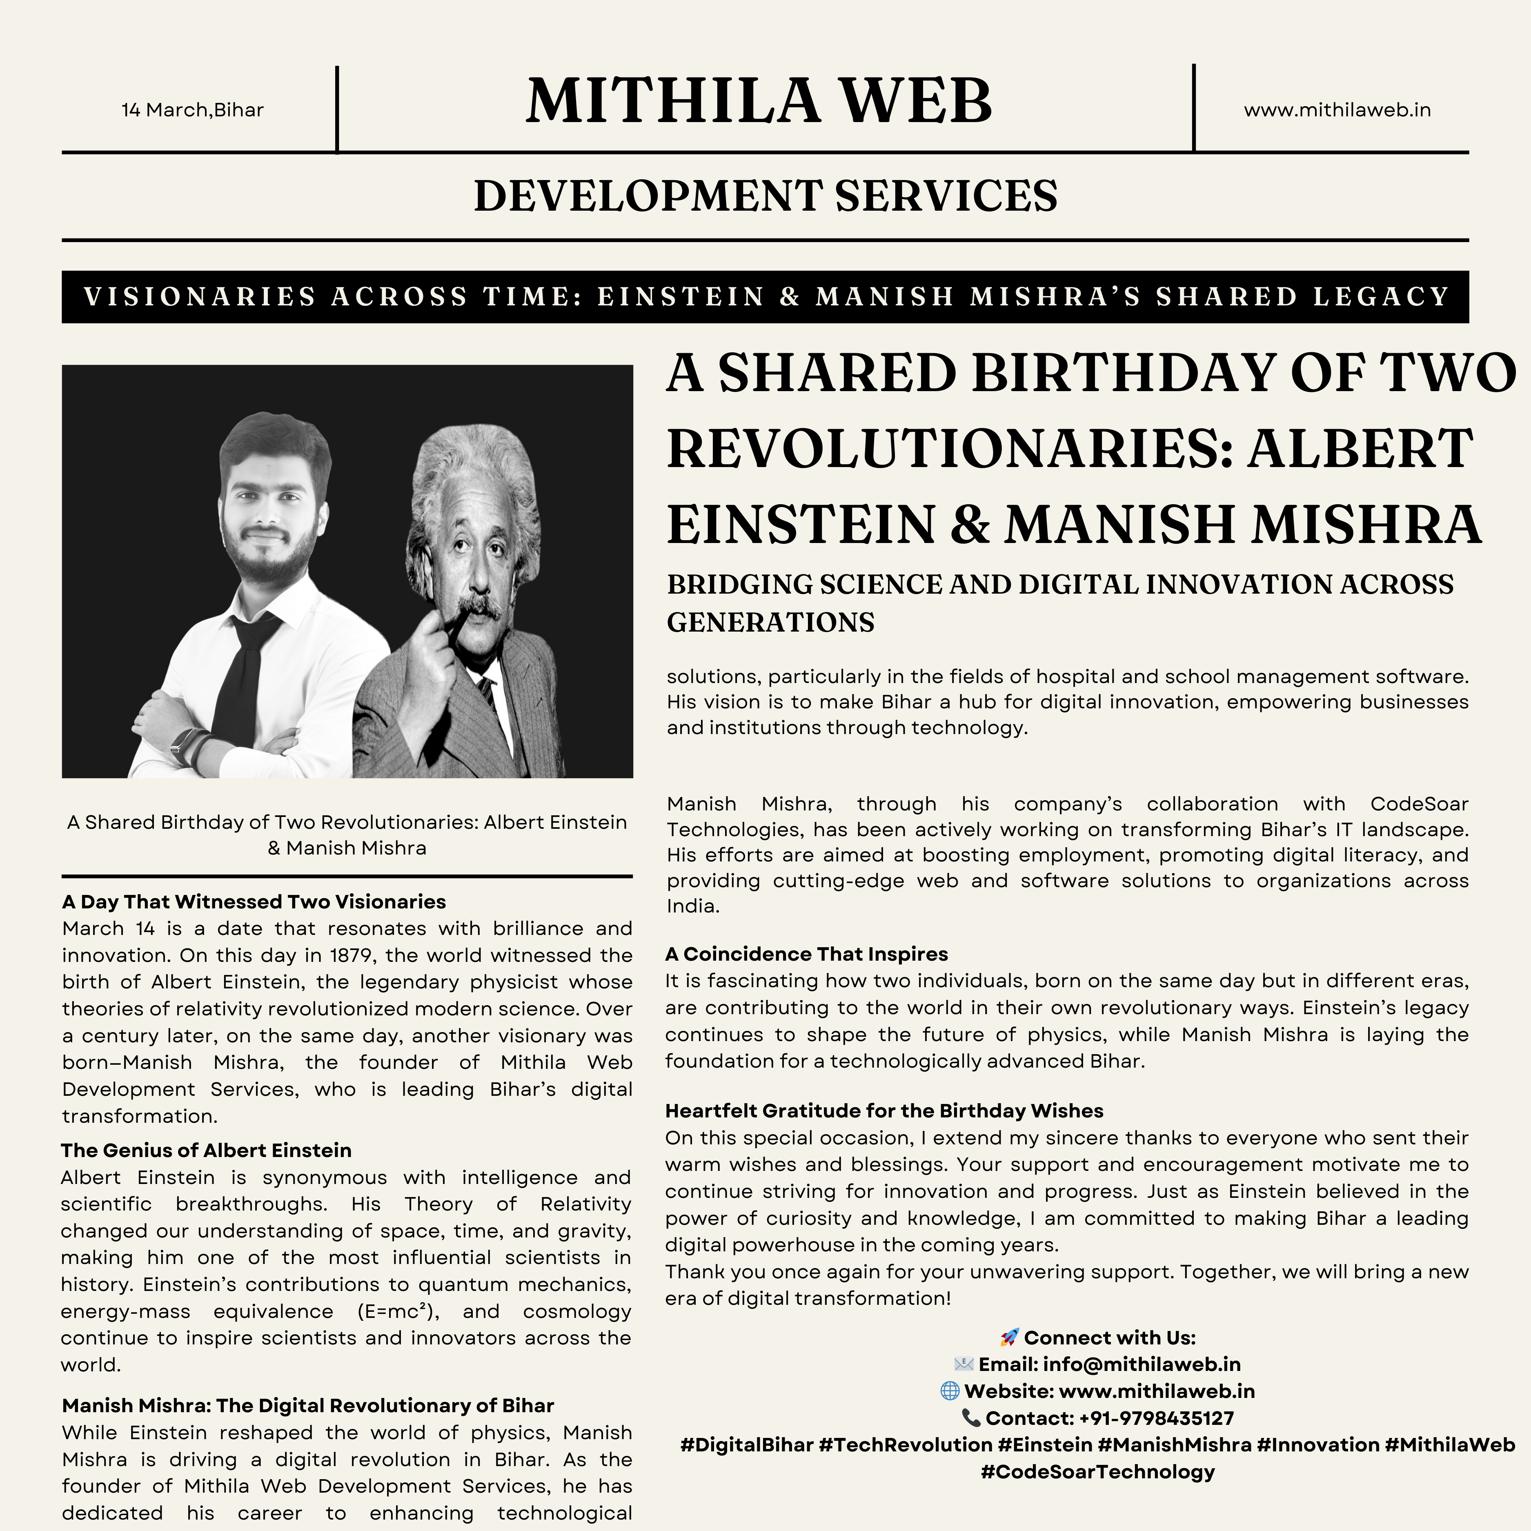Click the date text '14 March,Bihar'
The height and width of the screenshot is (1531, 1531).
(x=193, y=110)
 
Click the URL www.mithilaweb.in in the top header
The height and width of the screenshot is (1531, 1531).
(x=1337, y=110)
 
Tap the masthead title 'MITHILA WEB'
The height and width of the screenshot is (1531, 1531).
(x=759, y=101)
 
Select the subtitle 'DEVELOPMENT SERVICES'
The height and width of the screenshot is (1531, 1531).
(x=765, y=196)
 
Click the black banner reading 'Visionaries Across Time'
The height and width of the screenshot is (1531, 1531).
(x=765, y=296)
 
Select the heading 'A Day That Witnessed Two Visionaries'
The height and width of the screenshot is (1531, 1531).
(x=254, y=902)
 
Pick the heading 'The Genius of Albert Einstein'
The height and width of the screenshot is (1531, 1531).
(x=206, y=1150)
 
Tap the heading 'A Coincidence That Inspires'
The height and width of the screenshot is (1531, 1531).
(x=807, y=954)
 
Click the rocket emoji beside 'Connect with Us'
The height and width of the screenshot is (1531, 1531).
(x=1009, y=1337)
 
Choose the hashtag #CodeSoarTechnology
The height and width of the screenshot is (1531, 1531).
(x=1097, y=1472)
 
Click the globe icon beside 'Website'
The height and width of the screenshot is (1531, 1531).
(x=949, y=1391)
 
